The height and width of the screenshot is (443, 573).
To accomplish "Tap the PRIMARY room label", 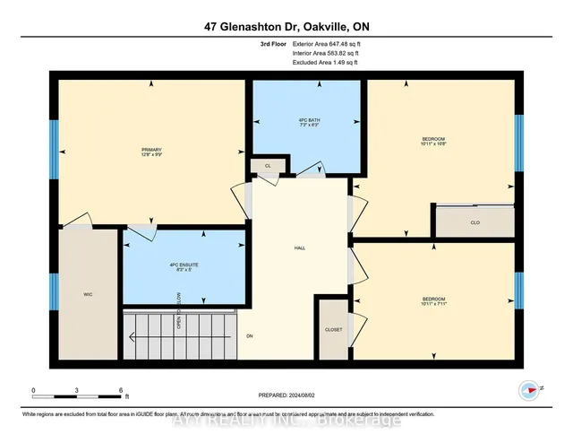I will point(150,149).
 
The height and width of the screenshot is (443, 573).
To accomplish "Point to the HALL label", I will point(302,248).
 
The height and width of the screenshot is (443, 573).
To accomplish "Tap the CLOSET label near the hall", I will point(333,330).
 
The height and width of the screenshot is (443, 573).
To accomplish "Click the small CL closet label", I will point(268,166).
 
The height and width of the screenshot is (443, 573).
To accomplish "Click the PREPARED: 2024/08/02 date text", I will point(286,392).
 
